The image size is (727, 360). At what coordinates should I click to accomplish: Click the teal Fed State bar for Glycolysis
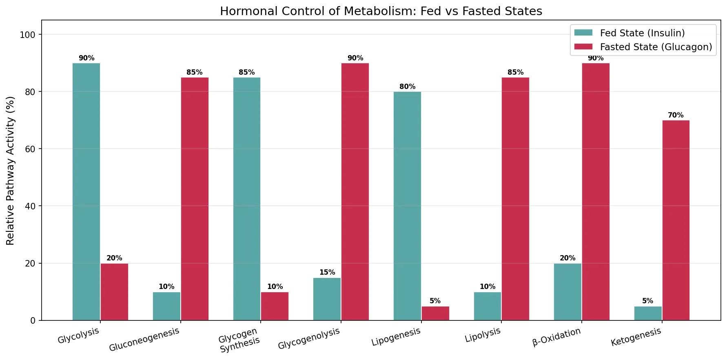click(x=86, y=192)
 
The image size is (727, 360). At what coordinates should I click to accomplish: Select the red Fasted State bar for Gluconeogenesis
click(x=195, y=199)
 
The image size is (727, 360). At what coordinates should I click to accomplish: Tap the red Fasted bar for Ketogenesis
click(x=676, y=220)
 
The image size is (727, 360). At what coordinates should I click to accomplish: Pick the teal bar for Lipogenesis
click(x=407, y=206)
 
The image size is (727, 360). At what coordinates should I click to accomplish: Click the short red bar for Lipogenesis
click(x=435, y=313)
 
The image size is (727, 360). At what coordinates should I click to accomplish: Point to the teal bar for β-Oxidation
click(x=567, y=292)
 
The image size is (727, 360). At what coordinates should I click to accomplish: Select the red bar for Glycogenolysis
click(x=355, y=192)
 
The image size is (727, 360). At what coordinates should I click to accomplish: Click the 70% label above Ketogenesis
click(x=676, y=115)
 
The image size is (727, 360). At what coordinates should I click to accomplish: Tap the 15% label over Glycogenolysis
click(x=327, y=272)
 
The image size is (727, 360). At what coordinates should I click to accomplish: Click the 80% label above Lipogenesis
click(x=407, y=87)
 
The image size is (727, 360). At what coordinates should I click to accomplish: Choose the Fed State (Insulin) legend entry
click(x=642, y=33)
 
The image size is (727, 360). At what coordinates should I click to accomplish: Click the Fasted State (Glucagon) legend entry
click(x=656, y=47)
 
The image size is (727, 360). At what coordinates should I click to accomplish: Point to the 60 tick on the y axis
click(x=30, y=149)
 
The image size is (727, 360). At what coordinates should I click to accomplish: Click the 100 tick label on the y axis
click(x=28, y=35)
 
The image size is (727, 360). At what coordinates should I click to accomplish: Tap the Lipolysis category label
click(x=483, y=335)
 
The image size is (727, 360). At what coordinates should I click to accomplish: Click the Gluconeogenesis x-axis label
click(x=144, y=339)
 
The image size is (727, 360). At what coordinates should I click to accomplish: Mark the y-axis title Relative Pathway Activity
click(x=11, y=171)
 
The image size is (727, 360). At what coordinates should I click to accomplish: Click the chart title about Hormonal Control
click(x=381, y=11)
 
